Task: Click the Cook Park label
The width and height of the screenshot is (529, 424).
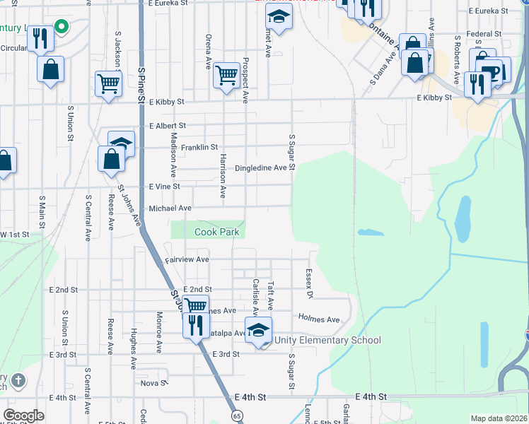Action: coord(217,232)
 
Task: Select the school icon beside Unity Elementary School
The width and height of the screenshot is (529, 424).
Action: coord(258,329)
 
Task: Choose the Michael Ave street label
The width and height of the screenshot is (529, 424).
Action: coord(170,208)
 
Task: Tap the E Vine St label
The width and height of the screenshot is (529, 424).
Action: coord(164,187)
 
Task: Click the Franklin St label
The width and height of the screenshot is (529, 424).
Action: coord(199,148)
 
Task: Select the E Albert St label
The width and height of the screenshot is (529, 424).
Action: coord(167,126)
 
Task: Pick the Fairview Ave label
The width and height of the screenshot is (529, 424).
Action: coord(187,260)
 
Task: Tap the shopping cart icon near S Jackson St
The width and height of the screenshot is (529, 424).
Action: coord(109,83)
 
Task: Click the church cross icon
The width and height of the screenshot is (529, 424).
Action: coord(18,380)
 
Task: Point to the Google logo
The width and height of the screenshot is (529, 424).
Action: coord(23,416)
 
